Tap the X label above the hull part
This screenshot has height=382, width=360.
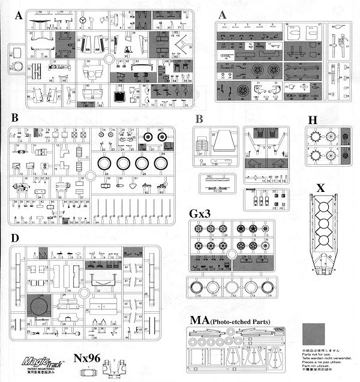pyautogui.click(x=321, y=188)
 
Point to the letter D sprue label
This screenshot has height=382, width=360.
pyautogui.click(x=14, y=238)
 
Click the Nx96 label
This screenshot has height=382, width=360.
pyautogui.click(x=86, y=359)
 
